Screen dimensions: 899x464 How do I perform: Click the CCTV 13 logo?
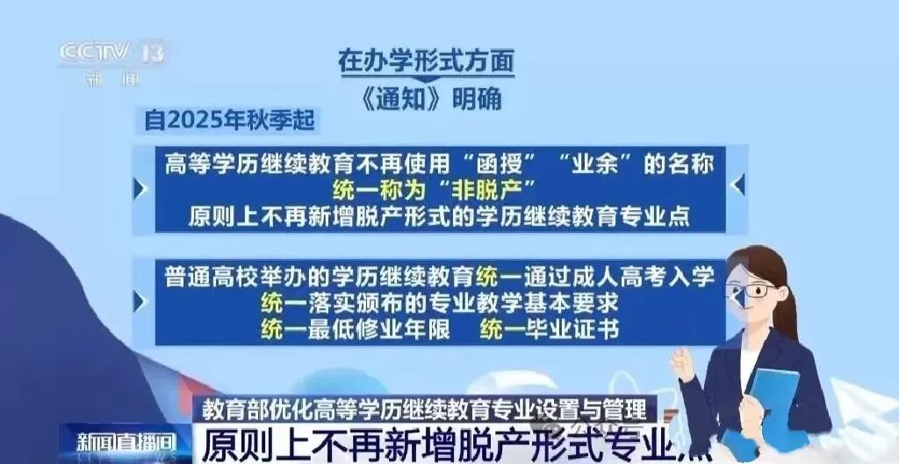click(x=112, y=62)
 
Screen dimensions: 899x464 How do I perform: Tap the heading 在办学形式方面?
click(x=426, y=61)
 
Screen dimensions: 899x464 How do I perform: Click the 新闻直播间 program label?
click(x=126, y=443)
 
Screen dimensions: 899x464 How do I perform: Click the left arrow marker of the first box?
click(x=140, y=188)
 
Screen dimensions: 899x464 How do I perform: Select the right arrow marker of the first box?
click(x=738, y=185)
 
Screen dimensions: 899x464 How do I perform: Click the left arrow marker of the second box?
click(x=140, y=301)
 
